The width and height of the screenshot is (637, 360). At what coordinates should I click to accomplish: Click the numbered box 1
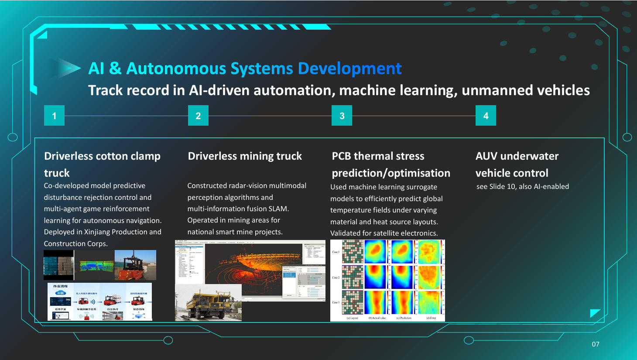click(54, 116)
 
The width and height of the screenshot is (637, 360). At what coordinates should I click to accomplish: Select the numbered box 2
click(198, 116)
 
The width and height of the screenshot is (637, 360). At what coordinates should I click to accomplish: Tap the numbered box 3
click(342, 116)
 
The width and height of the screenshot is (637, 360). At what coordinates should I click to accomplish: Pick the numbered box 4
click(486, 116)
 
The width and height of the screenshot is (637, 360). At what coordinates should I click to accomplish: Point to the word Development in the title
click(349, 69)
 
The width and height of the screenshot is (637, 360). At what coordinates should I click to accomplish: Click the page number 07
click(596, 344)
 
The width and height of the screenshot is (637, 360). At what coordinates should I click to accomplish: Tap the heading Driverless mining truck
click(245, 156)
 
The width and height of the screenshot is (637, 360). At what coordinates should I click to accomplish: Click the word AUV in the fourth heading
click(486, 156)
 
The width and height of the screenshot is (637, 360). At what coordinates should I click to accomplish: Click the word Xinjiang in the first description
click(97, 232)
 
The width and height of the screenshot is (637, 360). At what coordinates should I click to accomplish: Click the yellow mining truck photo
click(208, 303)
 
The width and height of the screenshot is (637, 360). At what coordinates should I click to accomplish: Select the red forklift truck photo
click(135, 265)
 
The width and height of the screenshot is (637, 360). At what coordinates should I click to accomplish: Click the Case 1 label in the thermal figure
click(336, 252)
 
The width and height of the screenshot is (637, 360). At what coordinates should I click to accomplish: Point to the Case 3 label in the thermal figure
click(336, 302)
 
